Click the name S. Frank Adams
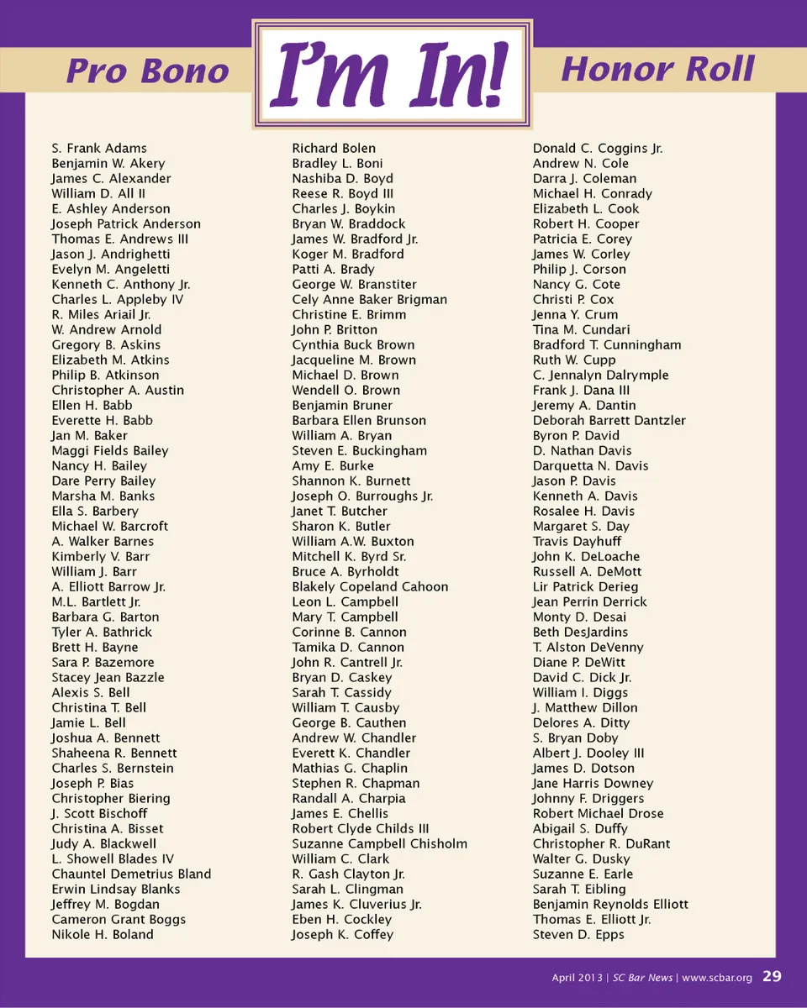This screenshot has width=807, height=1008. [99, 149]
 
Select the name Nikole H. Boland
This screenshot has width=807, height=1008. [103, 935]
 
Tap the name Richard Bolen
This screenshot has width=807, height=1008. [334, 149]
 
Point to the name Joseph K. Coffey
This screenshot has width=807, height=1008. [342, 935]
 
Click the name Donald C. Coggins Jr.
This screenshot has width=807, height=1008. [598, 149]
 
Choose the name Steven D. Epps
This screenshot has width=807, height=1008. [578, 935]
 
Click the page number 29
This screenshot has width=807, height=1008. [772, 977]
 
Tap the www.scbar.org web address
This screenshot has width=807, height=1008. [716, 978]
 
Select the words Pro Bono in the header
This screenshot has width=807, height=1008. [147, 71]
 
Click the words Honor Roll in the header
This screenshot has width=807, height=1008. [657, 69]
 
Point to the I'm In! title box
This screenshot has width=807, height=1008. [392, 76]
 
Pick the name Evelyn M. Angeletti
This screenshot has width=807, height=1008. [110, 270]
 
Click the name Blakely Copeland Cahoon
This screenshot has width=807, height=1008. [370, 587]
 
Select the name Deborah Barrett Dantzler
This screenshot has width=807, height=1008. [609, 421]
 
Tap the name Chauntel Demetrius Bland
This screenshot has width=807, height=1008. [131, 874]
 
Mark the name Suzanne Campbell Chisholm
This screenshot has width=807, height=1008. [379, 844]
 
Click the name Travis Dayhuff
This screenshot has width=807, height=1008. [577, 542]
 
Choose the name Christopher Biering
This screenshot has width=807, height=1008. [111, 799]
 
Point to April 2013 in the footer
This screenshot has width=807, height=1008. [576, 978]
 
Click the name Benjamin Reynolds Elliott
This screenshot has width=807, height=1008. [610, 905]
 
